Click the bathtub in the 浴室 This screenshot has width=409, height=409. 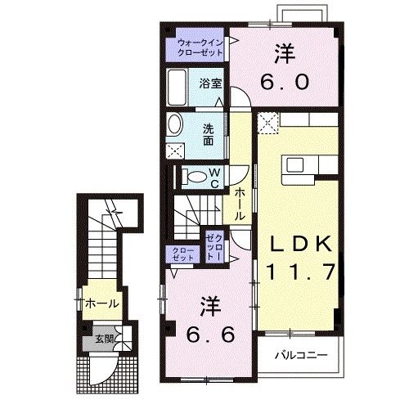[x=177, y=88]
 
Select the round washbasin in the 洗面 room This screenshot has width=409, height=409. [x=174, y=124]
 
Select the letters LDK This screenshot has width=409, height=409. [x=301, y=244]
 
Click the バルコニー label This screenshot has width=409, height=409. [x=301, y=355]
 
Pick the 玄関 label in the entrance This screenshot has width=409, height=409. [x=104, y=339]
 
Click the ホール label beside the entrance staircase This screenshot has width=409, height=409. [x=102, y=303]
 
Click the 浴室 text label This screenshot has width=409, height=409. [x=210, y=83]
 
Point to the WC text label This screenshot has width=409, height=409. [x=214, y=178]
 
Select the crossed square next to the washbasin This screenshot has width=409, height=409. [x=175, y=151]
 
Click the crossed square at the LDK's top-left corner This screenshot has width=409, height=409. [x=267, y=123]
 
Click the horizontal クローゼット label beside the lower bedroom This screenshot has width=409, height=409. [x=183, y=254]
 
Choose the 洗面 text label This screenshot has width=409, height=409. [x=209, y=135]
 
